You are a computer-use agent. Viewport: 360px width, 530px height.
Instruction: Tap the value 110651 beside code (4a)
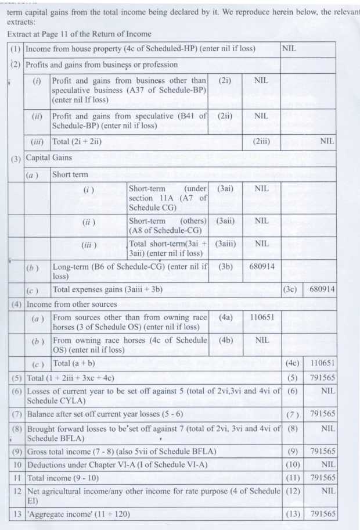(x=261, y=318)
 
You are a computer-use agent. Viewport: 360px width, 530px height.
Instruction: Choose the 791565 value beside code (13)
(x=323, y=514)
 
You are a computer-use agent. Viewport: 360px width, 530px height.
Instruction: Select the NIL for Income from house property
(x=289, y=49)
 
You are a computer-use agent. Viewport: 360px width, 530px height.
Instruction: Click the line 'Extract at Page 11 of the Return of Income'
(x=80, y=34)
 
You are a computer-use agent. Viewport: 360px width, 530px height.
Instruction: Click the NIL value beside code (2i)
(x=261, y=81)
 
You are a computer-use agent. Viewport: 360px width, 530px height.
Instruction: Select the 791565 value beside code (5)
(x=323, y=378)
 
